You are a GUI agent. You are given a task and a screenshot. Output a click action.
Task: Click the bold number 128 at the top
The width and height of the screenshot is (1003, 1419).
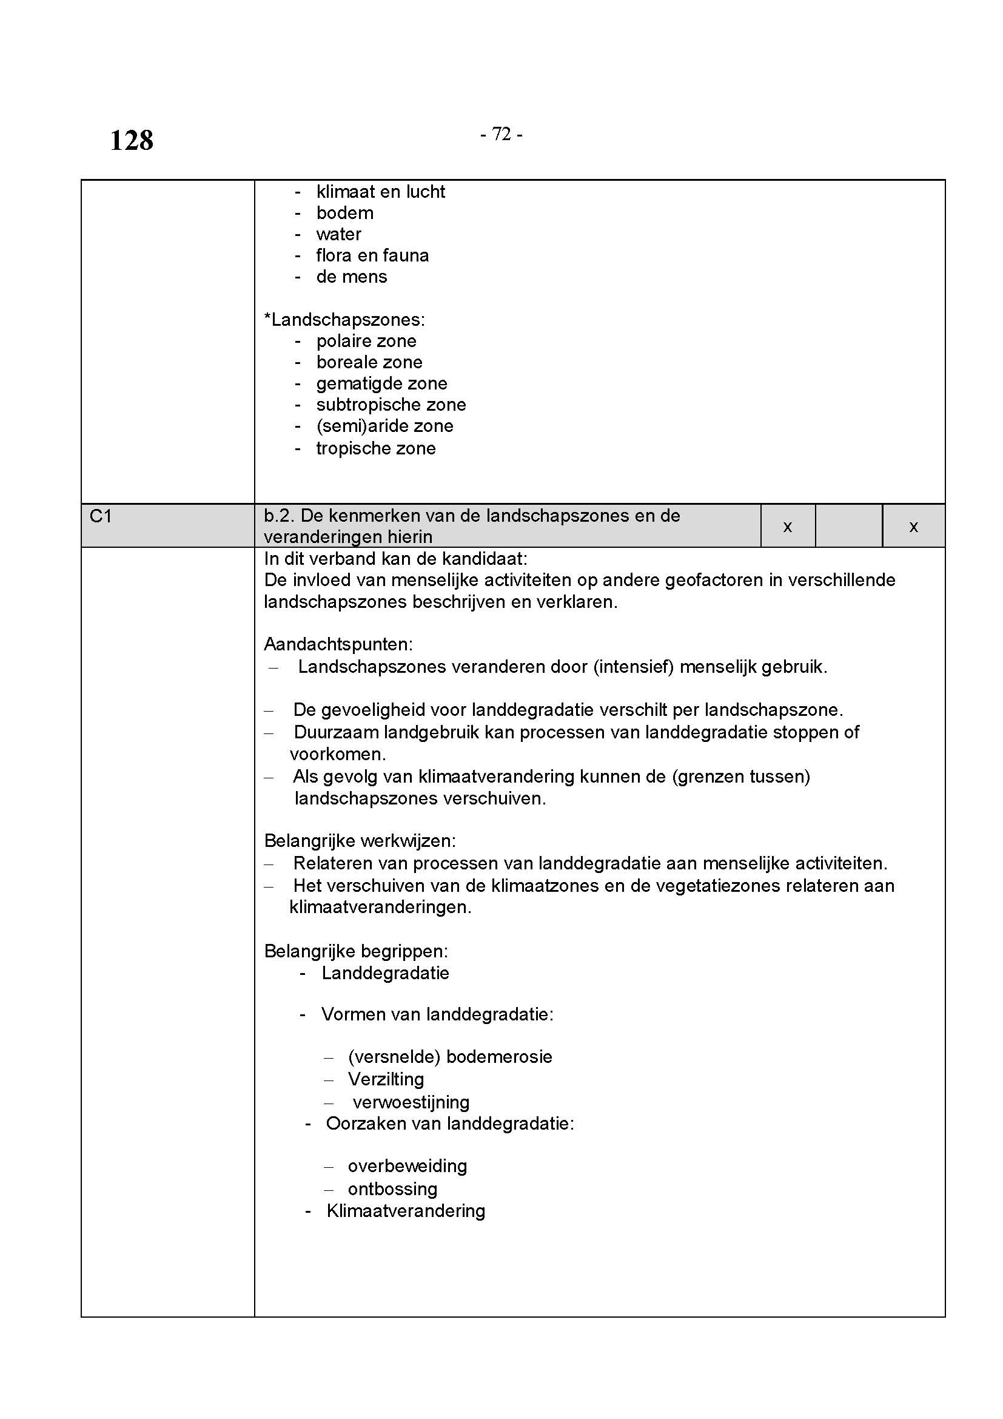[132, 140]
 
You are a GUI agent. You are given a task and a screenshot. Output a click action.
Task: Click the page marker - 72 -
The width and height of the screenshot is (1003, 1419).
[501, 134]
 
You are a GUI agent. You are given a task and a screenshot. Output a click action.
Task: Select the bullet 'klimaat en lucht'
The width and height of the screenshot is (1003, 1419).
[380, 192]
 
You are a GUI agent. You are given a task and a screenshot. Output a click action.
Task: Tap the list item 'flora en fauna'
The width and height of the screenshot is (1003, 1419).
[372, 255]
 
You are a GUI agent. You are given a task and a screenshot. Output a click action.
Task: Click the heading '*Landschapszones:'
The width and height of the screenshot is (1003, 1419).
[344, 320]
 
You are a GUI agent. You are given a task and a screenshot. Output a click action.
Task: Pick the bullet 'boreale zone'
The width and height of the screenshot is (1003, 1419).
[369, 362]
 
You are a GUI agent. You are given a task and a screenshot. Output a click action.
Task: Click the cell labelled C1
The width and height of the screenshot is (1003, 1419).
[101, 516]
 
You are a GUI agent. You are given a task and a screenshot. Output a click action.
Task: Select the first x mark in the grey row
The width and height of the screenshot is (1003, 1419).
[788, 527]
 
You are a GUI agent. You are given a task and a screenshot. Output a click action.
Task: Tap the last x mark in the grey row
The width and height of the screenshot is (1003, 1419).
[913, 527]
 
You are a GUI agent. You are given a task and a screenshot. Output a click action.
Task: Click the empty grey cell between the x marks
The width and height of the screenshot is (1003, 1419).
[848, 526]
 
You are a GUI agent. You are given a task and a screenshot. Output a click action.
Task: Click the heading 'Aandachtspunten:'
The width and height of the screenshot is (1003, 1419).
[338, 644]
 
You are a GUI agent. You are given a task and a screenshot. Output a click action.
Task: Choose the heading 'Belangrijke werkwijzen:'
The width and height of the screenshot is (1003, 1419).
[360, 840]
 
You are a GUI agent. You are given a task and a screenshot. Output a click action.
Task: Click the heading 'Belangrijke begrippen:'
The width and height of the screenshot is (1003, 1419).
[356, 951]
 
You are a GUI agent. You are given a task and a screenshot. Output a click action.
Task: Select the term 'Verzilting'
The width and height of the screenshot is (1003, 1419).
[386, 1079]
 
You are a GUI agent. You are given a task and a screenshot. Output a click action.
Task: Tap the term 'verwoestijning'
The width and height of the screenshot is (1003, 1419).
[411, 1102]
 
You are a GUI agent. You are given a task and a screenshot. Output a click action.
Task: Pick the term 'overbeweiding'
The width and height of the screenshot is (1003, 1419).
[407, 1166]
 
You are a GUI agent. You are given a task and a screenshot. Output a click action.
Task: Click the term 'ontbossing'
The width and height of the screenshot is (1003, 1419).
[392, 1189]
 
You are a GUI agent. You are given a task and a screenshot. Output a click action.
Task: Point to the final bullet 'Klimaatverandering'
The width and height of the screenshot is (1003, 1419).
[405, 1211]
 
